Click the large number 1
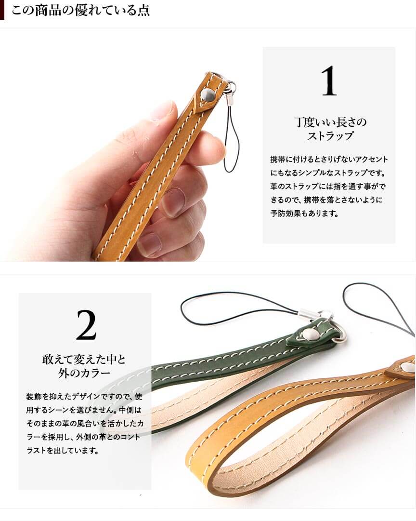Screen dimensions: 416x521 pos(329,81)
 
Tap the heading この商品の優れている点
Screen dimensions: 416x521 pos(80,10)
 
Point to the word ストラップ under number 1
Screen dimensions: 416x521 pos(330,136)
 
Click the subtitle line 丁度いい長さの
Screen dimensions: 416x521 pos(330,122)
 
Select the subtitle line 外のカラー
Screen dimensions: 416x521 pos(84,373)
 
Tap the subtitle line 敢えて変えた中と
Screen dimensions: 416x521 pos(84,359)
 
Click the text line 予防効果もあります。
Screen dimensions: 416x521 pos(304,214)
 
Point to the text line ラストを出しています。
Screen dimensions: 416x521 pos(63,451)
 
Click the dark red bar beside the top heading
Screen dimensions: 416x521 pos(2,10)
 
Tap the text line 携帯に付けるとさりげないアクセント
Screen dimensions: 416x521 pos(329,160)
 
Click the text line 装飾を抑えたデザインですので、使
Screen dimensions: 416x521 pos(84,396)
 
